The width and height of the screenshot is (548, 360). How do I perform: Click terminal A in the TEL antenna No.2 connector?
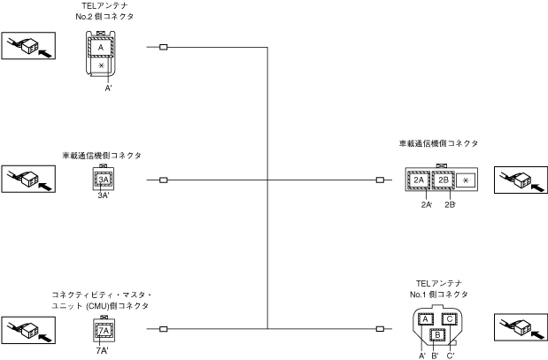(101, 48)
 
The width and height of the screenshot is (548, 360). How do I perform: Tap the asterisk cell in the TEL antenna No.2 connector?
(101, 66)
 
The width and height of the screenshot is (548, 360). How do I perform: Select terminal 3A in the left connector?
(104, 180)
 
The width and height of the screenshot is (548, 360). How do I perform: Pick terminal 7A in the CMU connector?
(104, 331)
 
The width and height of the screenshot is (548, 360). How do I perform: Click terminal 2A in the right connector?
(420, 180)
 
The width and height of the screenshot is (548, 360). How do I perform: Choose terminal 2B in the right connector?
(444, 180)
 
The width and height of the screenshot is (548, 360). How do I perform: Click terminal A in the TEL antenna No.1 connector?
(424, 318)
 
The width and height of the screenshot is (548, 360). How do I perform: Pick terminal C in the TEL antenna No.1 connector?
(449, 318)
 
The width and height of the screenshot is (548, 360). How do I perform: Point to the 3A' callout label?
(104, 195)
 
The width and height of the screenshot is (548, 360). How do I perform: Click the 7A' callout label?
(104, 349)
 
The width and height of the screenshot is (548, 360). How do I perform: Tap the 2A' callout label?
(427, 204)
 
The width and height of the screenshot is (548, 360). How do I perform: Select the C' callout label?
(451, 355)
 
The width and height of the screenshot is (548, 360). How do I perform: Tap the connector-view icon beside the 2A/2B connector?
(519, 179)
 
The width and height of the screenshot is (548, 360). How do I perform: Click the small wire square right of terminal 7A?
(164, 330)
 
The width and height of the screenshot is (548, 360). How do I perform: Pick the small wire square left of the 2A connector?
(380, 180)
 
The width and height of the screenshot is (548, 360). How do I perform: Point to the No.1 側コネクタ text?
(439, 294)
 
